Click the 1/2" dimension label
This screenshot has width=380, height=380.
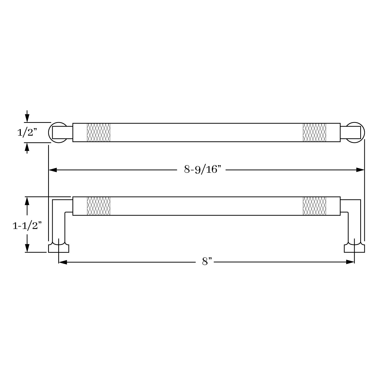[x=27, y=132]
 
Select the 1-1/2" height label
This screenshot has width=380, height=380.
[x=27, y=226]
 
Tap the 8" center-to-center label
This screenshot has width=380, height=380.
[x=207, y=261]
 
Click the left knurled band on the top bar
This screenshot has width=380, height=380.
[x=99, y=132]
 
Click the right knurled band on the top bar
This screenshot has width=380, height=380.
[x=314, y=132]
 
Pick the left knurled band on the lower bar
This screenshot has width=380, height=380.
[x=99, y=206]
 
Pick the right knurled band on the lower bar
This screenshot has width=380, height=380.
[x=314, y=206]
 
